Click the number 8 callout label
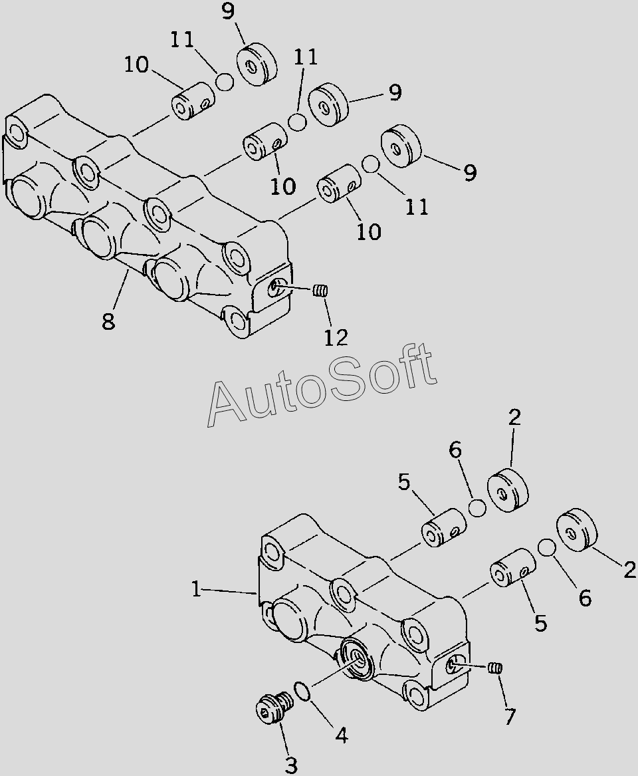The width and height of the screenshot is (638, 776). [108, 322]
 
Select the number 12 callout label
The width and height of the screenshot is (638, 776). [336, 337]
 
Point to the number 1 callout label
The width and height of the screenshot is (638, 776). [196, 589]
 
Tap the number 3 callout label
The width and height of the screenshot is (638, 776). [290, 765]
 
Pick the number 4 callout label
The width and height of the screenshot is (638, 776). [340, 735]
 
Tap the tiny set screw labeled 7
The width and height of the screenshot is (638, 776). [494, 668]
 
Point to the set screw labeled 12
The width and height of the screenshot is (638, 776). [322, 290]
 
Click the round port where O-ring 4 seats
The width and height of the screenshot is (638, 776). [359, 660]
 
